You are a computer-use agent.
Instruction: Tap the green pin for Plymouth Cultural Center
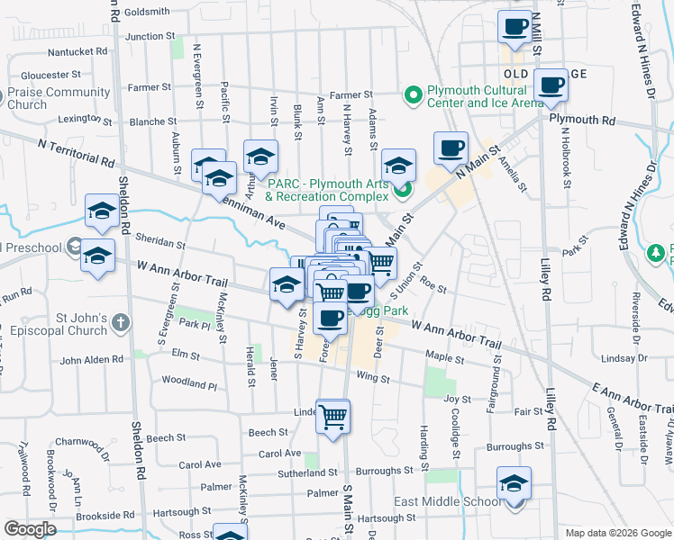click(x=414, y=94)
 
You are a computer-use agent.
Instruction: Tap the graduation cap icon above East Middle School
click(x=514, y=483)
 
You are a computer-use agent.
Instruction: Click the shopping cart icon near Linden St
click(x=333, y=416)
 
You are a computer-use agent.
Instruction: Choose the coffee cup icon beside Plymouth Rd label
click(x=551, y=85)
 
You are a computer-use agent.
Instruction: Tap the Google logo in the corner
click(x=31, y=529)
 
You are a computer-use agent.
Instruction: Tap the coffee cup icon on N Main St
click(x=451, y=148)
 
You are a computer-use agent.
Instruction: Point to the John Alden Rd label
click(x=91, y=361)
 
